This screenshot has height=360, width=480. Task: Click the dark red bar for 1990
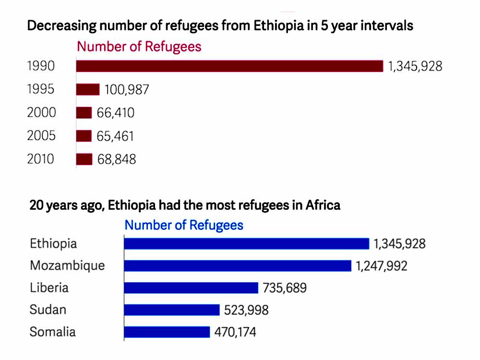coord(229,66)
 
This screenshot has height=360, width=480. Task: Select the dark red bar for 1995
coord(88,89)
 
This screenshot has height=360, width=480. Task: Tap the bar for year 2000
coord(84,113)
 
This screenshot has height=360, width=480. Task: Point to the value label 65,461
coord(115,136)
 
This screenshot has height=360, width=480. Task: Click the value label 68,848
coord(116,159)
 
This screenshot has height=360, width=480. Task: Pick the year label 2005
coord(41,136)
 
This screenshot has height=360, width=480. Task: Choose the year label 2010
coord(41,159)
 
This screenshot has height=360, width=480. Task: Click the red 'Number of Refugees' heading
coord(139,47)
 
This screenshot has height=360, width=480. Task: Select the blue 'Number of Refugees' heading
coord(184,225)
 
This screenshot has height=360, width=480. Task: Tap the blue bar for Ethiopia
coord(246,244)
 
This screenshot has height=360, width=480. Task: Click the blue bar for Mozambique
coord(238,266)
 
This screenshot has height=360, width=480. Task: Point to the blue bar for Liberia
coord(191,288)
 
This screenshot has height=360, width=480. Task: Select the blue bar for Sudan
coord(171,310)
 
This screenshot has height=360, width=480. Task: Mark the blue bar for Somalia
coord(167,332)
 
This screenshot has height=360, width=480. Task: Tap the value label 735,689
coord(285,288)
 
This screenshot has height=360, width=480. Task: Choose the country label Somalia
coord(53,332)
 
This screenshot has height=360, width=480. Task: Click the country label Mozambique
coord(67,265)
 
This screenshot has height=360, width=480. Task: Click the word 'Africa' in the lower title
coord(323,205)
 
